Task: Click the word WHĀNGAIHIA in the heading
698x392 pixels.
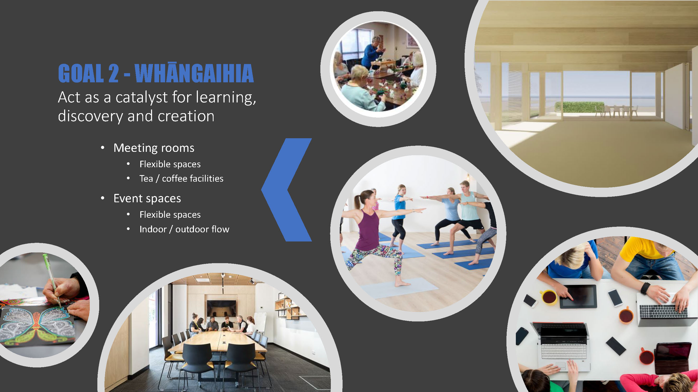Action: (x=194, y=73)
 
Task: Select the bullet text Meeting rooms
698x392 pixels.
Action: (x=154, y=148)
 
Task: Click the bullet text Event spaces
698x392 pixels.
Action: (x=147, y=199)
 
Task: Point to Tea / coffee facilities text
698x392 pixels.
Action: (x=182, y=178)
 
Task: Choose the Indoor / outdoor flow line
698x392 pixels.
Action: (x=184, y=229)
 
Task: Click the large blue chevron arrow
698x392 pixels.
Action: (x=286, y=190)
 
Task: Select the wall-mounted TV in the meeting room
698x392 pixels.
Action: (x=221, y=308)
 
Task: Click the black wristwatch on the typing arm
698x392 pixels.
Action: (x=645, y=288)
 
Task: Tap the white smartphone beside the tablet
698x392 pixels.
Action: (x=615, y=298)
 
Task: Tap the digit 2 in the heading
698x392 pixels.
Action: (x=114, y=73)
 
